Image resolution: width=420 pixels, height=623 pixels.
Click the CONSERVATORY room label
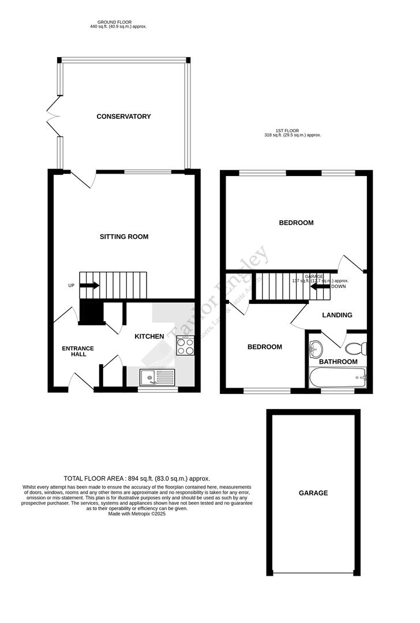pyautogui.click(x=123, y=117)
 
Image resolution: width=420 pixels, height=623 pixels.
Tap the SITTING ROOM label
pyautogui.click(x=124, y=237)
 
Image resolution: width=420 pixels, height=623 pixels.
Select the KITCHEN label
pyautogui.click(x=149, y=336)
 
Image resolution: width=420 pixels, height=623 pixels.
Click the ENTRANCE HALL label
pyautogui.click(x=78, y=351)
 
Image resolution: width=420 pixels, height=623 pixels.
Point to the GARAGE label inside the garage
pyautogui.click(x=313, y=493)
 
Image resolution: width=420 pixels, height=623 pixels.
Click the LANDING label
pyautogui.click(x=337, y=315)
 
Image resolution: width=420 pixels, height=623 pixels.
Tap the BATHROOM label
pyautogui.click(x=339, y=362)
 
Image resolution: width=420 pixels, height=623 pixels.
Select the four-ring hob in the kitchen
pyautogui.click(x=185, y=346)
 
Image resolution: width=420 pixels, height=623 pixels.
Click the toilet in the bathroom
pyautogui.click(x=353, y=348)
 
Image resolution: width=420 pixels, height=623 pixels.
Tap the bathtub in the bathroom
pyautogui.click(x=337, y=380)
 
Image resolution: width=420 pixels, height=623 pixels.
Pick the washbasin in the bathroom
pyautogui.click(x=316, y=348)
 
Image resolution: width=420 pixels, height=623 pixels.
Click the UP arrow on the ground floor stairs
pyautogui.click(x=89, y=284)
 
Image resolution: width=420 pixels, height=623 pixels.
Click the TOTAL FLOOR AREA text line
pyautogui.click(x=137, y=479)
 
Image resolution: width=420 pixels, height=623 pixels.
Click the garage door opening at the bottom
pyautogui.click(x=313, y=573)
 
